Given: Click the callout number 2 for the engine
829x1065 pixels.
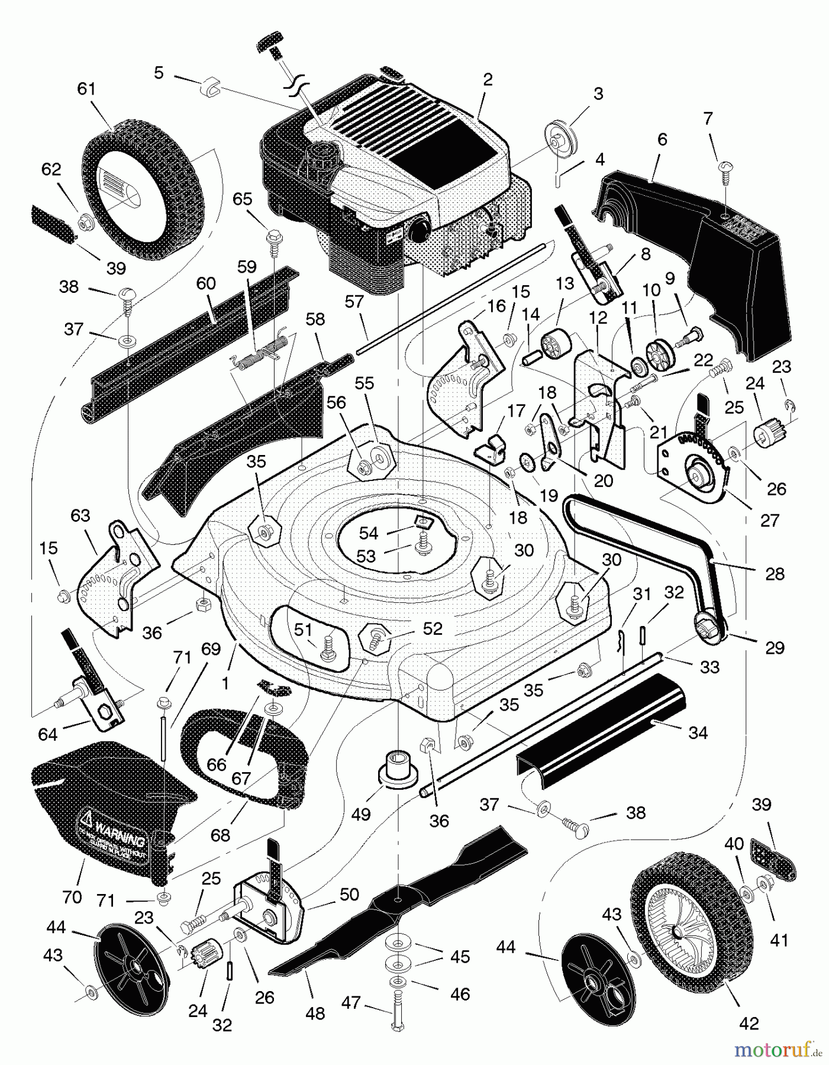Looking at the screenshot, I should tap(487, 80).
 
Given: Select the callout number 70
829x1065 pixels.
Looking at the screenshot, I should tap(72, 898).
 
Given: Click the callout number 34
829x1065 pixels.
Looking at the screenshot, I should tap(698, 733).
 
